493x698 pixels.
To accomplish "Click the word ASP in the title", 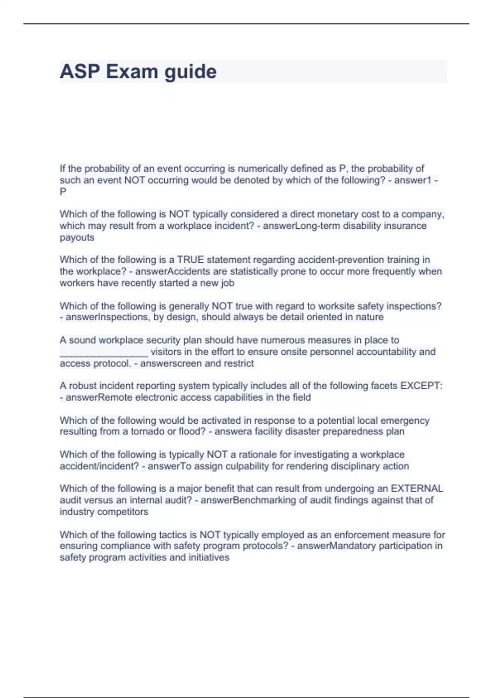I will point(80,72).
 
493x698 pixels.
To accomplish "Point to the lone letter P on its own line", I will point(63,192).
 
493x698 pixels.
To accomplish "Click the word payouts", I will point(77,238).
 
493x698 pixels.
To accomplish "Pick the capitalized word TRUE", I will point(190,260).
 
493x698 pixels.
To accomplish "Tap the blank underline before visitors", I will point(104,352).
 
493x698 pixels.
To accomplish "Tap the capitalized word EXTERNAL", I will point(417,489).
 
